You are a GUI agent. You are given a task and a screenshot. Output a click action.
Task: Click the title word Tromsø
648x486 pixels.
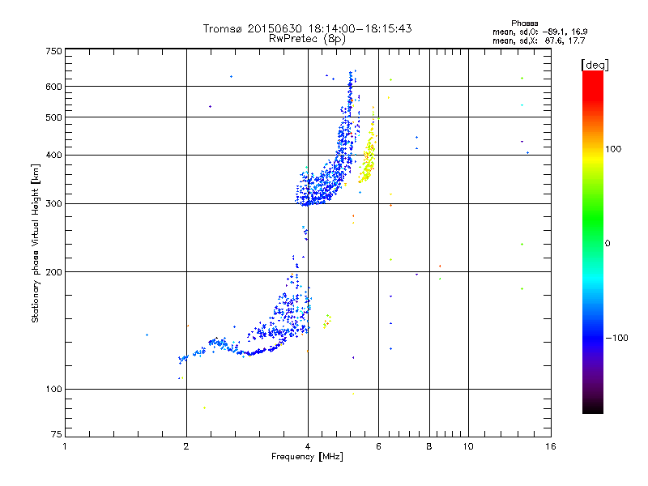pyautogui.click(x=223, y=28)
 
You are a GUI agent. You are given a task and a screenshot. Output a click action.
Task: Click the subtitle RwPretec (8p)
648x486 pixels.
pyautogui.click(x=307, y=38)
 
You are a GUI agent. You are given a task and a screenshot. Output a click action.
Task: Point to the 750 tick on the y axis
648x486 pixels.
pyautogui.click(x=53, y=51)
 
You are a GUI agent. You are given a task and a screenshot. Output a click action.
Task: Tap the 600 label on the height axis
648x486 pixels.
pyautogui.click(x=53, y=87)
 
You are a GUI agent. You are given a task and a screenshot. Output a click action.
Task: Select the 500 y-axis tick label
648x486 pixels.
pyautogui.click(x=53, y=117)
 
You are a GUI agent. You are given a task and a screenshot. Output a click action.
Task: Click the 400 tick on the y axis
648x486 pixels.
pyautogui.click(x=53, y=155)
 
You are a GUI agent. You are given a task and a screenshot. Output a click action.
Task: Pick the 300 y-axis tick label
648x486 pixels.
pyautogui.click(x=53, y=203)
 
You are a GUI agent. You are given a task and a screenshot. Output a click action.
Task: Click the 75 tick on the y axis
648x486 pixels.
pyautogui.click(x=56, y=437)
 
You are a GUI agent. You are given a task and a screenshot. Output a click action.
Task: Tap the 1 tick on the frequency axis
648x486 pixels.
pyautogui.click(x=65, y=446)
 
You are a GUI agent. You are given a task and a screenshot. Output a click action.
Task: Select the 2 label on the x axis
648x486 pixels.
pyautogui.click(x=186, y=446)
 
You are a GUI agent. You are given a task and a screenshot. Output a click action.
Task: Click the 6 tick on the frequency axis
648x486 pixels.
pyautogui.click(x=378, y=446)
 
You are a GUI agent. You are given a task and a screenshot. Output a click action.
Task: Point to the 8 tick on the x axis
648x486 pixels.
pyautogui.click(x=428, y=446)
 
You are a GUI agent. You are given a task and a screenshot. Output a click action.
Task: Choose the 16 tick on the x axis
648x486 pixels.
pyautogui.click(x=550, y=446)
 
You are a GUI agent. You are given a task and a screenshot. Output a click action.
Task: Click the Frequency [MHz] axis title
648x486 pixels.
pyautogui.click(x=307, y=457)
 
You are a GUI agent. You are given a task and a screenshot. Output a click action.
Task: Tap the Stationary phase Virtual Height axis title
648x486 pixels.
pyautogui.click(x=36, y=243)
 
